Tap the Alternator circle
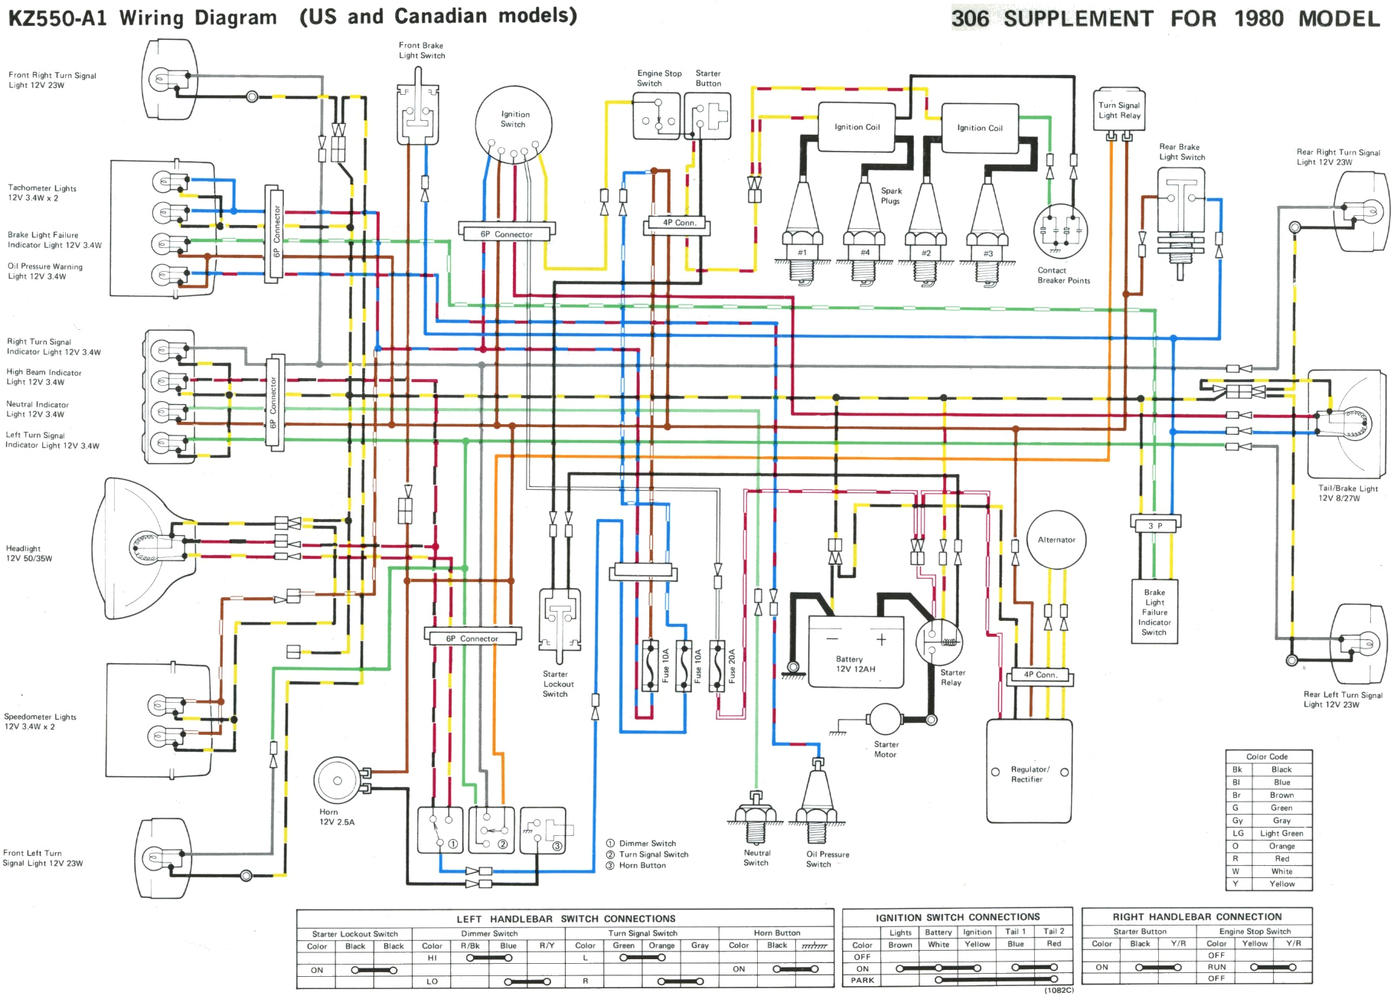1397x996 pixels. [x=1056, y=540]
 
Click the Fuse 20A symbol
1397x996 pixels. [x=718, y=665]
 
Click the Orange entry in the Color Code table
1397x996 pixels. [x=1281, y=846]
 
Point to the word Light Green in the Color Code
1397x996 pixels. [x=1281, y=833]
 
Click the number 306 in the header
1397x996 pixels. [x=970, y=18]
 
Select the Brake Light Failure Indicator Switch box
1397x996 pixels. [x=1154, y=612]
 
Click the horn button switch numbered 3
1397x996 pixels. [x=543, y=831]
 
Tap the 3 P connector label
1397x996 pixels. [x=1155, y=525]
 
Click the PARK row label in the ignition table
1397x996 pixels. [x=862, y=980]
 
